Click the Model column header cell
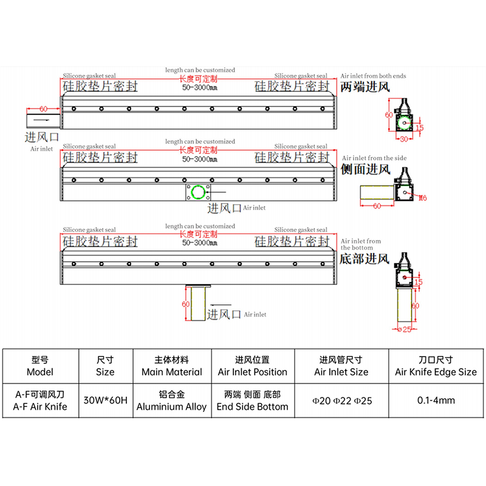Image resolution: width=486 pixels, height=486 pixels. (x=41, y=366)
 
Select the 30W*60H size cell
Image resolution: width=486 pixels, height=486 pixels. (x=106, y=400)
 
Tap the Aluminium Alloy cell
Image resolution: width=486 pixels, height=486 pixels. (x=172, y=400)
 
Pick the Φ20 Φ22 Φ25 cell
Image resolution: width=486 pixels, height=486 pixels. (x=341, y=400)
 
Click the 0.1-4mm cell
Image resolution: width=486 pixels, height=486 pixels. (x=436, y=400)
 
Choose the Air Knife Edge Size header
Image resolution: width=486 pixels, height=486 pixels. (x=436, y=366)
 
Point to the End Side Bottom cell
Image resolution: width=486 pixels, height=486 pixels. (x=253, y=400)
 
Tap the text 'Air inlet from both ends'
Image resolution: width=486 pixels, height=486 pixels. (x=373, y=76)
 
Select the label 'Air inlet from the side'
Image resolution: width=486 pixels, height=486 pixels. (x=374, y=158)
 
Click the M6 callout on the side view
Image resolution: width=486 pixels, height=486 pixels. (x=423, y=198)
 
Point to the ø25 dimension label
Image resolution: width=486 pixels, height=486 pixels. (x=404, y=329)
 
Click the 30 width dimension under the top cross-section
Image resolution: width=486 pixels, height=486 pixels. (x=404, y=139)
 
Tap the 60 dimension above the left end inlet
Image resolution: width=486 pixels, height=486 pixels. (x=43, y=109)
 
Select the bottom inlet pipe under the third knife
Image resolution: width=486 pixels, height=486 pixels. (x=198, y=303)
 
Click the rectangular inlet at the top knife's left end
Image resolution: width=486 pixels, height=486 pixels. (x=43, y=121)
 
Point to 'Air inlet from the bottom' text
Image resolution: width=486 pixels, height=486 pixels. (x=361, y=244)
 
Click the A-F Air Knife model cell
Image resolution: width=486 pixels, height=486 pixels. (x=41, y=400)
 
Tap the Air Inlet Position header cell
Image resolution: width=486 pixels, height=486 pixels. (x=253, y=366)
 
